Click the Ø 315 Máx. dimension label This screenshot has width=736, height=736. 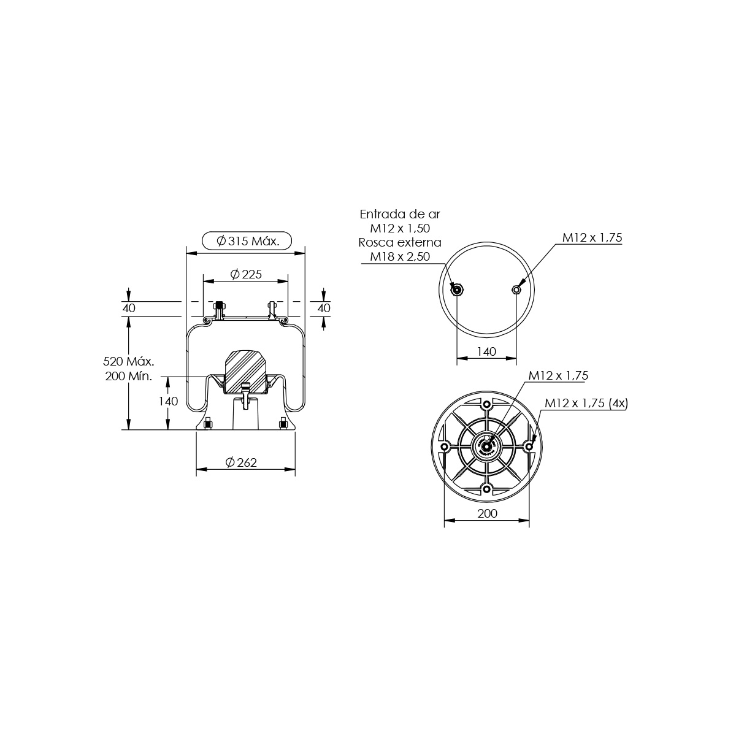(x=248, y=241)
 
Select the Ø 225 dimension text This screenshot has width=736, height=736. (x=247, y=274)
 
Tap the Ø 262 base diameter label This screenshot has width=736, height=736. (x=242, y=462)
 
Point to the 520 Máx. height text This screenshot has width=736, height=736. (x=129, y=361)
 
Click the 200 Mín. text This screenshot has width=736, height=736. (x=129, y=376)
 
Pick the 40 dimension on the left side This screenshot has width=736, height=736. (x=129, y=308)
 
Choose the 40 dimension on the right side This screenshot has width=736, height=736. (x=324, y=308)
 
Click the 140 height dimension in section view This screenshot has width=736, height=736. (x=169, y=401)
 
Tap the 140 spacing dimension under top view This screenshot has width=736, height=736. (x=486, y=351)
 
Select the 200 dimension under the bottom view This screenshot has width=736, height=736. (x=488, y=513)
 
